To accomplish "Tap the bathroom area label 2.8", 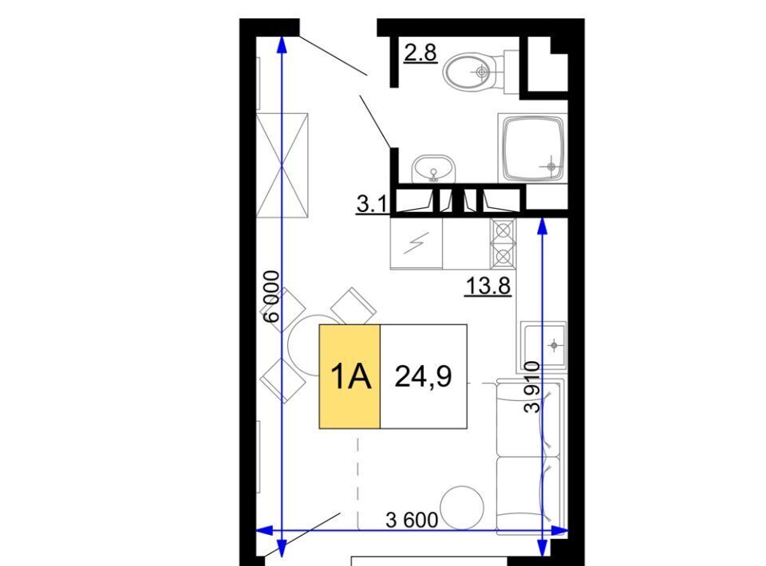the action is pos(421,53).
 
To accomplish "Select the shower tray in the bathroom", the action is pos(533,148).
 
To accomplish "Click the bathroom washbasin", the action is pos(433,169).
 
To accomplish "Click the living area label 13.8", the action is pos(488,286).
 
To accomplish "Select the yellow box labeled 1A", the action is pos(349,377).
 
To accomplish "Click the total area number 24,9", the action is pos(424,377).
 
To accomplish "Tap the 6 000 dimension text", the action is pos(271,297).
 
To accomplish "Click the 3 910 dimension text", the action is pos(532,387).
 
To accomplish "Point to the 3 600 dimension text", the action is pos(412,520).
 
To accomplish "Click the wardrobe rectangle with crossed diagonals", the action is pos(282,166).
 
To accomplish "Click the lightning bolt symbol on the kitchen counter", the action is pos(417,243).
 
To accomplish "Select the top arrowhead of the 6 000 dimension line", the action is pos(282,44).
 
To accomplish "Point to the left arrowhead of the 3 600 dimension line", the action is pos(265,530).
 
